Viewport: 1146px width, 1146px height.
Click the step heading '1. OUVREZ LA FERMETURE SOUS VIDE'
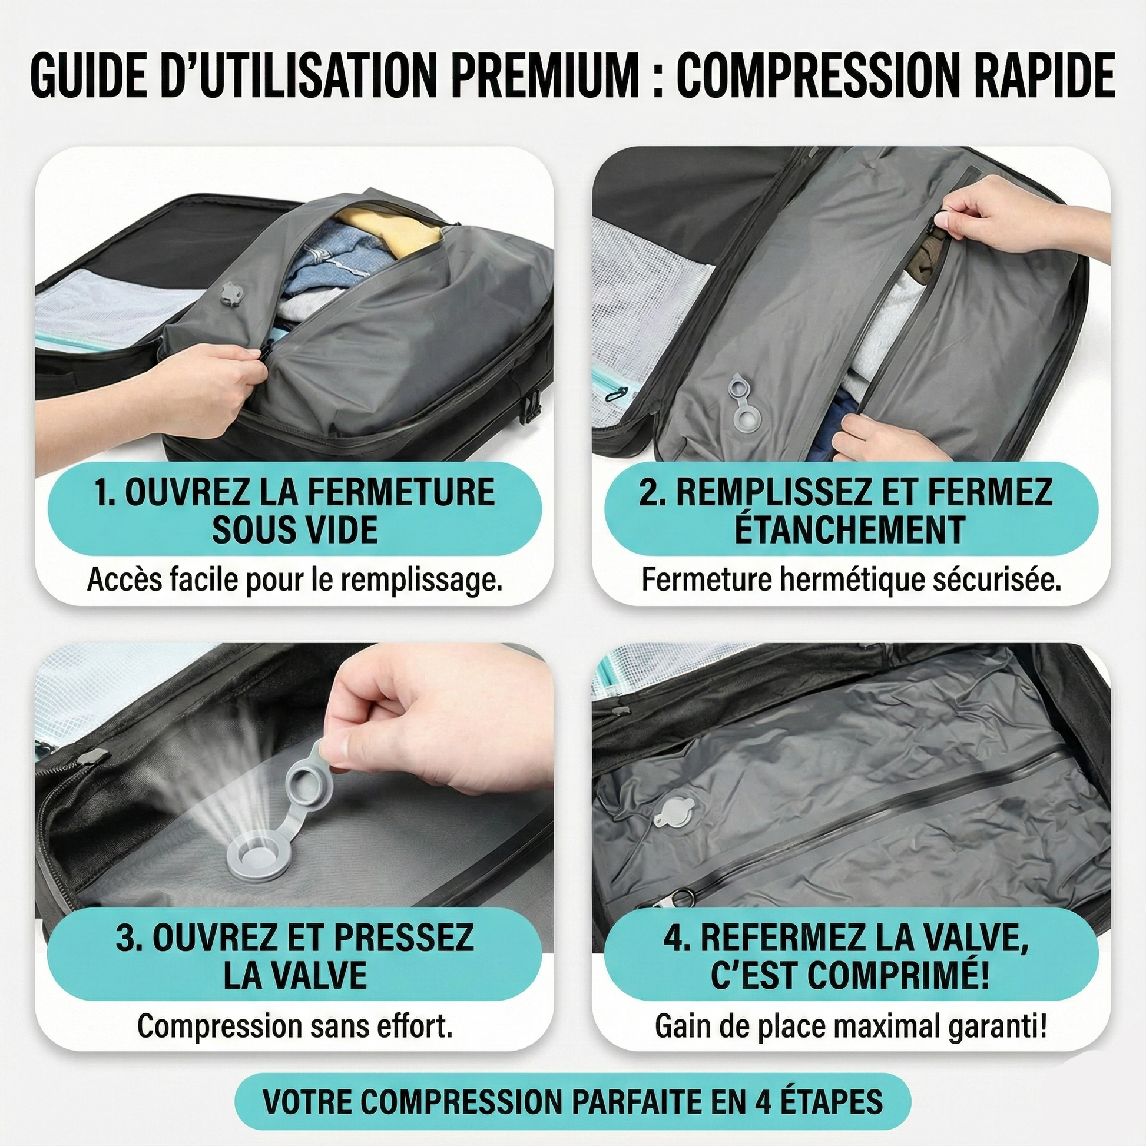[295, 509]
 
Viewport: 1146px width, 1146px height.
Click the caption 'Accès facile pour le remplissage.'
[295, 580]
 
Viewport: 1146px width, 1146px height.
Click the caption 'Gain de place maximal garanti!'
[850, 1026]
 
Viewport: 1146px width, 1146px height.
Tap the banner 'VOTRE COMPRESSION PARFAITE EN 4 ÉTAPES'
[573, 1101]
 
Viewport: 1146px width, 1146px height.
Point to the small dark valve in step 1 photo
[227, 293]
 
